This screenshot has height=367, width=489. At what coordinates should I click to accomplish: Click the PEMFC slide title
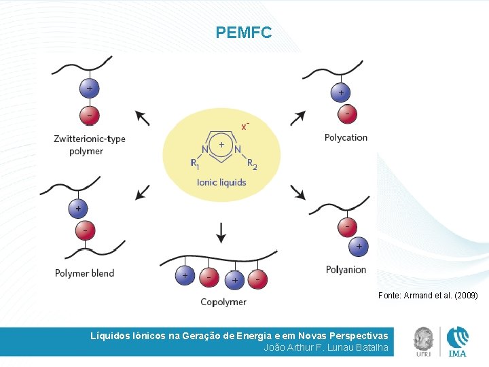click(x=243, y=32)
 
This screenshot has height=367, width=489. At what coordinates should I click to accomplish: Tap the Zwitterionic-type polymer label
click(x=89, y=145)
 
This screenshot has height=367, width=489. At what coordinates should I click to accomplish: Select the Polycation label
click(x=346, y=137)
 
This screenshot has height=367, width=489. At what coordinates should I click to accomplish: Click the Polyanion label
click(x=346, y=270)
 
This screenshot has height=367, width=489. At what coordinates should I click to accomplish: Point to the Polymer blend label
click(x=84, y=273)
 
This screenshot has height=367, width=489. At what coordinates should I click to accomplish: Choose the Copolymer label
click(x=223, y=302)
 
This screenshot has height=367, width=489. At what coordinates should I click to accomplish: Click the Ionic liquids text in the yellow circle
click(x=221, y=182)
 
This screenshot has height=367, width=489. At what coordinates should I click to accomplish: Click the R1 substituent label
click(x=195, y=164)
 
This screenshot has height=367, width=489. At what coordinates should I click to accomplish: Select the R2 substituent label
click(x=251, y=164)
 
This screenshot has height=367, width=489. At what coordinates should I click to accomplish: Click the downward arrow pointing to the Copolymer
click(x=221, y=232)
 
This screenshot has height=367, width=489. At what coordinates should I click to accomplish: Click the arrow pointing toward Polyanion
click(x=297, y=191)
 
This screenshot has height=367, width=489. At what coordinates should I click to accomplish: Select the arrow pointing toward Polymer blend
click(x=143, y=192)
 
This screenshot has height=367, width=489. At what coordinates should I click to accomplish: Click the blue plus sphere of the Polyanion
click(x=359, y=245)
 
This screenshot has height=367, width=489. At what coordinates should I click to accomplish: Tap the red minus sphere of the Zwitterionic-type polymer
click(x=89, y=113)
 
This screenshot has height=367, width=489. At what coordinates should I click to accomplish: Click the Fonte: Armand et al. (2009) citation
click(x=428, y=296)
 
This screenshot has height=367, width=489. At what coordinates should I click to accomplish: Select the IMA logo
click(x=457, y=341)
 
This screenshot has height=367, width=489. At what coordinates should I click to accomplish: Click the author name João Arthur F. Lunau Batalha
click(x=325, y=348)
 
